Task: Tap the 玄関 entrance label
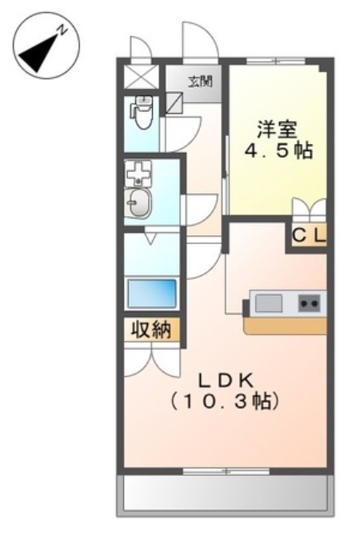pos(196,79)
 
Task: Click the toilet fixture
pos(142,113)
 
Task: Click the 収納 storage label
pos(151,329)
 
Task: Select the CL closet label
pos(308,236)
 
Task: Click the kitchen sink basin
pos(269,303)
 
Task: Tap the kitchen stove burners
pos(309,303)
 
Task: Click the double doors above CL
pos(308,210)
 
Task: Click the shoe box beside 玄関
pos(175,101)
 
